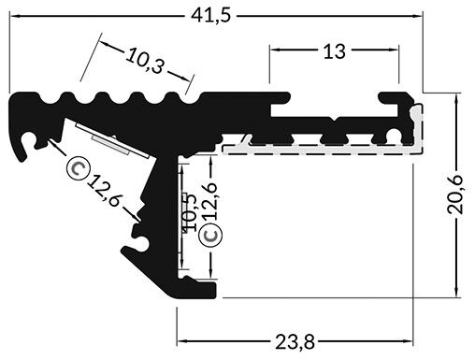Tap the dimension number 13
(x=334, y=52)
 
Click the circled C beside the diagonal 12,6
(x=79, y=168)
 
